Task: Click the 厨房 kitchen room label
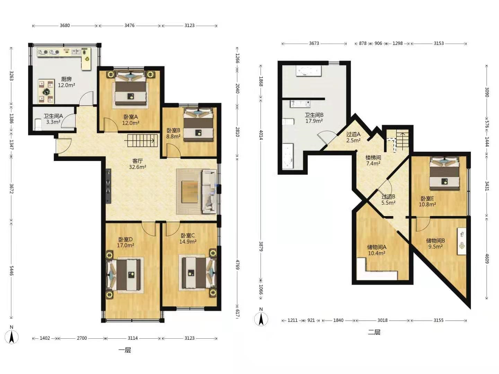pyautogui.click(x=67, y=82)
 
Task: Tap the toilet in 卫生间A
pyautogui.click(x=38, y=125)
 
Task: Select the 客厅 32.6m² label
pyautogui.click(x=137, y=164)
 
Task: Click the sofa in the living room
pyautogui.click(x=209, y=192)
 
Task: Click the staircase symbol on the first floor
pyautogui.click(x=142, y=141)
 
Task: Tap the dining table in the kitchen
pyautogui.click(x=46, y=91)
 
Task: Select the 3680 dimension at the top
pyautogui.click(x=65, y=26)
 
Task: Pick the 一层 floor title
pyautogui.click(x=125, y=350)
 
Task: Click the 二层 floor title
pyautogui.click(x=374, y=332)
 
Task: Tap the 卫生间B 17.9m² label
pyautogui.click(x=314, y=118)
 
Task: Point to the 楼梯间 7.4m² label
pyautogui.click(x=373, y=161)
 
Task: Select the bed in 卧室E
pyautogui.click(x=444, y=173)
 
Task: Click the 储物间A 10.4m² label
pyautogui.click(x=377, y=250)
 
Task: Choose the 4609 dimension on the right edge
pyautogui.click(x=487, y=259)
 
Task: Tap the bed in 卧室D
pyautogui.click(x=124, y=275)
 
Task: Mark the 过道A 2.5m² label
pyautogui.click(x=353, y=137)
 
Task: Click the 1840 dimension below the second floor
pyautogui.click(x=338, y=320)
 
